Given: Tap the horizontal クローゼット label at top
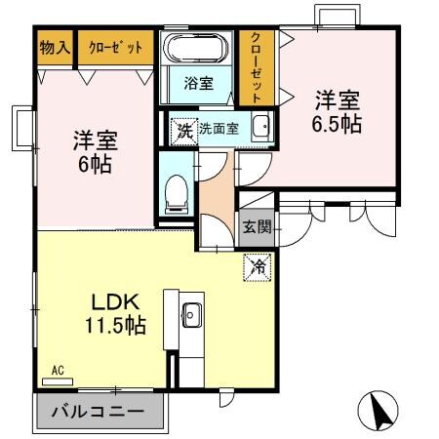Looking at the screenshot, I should pos(115,47).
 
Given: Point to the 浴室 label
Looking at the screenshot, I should pos(198,84).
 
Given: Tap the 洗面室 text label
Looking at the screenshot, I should pos(219,128).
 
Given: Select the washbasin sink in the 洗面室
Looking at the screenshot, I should pos(259,128).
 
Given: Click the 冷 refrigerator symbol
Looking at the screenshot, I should pos(259,264).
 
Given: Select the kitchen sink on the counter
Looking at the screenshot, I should pos(189,315).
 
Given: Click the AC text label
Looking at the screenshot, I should pos(59,371).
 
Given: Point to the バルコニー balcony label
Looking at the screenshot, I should pos(98,412).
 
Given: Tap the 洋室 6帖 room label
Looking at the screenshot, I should pos(95,151).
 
